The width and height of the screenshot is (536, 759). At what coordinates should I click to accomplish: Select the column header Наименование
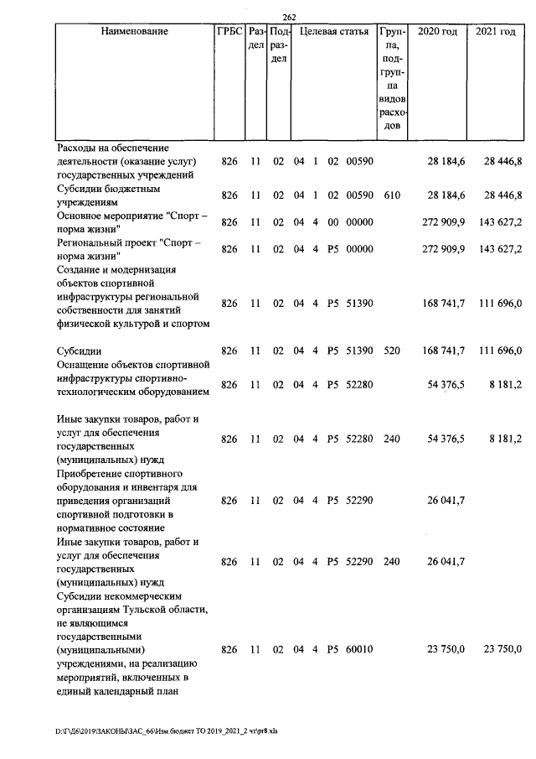[134, 32]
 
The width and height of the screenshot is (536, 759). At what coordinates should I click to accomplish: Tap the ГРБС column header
[229, 32]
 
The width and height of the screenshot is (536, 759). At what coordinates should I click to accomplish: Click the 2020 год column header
[437, 32]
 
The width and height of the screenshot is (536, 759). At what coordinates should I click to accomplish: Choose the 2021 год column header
[495, 32]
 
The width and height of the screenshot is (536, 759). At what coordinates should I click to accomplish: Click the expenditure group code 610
[391, 195]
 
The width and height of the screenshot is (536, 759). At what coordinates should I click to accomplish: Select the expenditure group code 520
[391, 350]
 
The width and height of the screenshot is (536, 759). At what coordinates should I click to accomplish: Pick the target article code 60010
[359, 650]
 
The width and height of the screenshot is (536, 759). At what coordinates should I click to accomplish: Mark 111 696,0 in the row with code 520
[500, 350]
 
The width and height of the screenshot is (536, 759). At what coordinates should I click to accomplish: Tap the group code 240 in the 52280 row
[391, 439]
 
